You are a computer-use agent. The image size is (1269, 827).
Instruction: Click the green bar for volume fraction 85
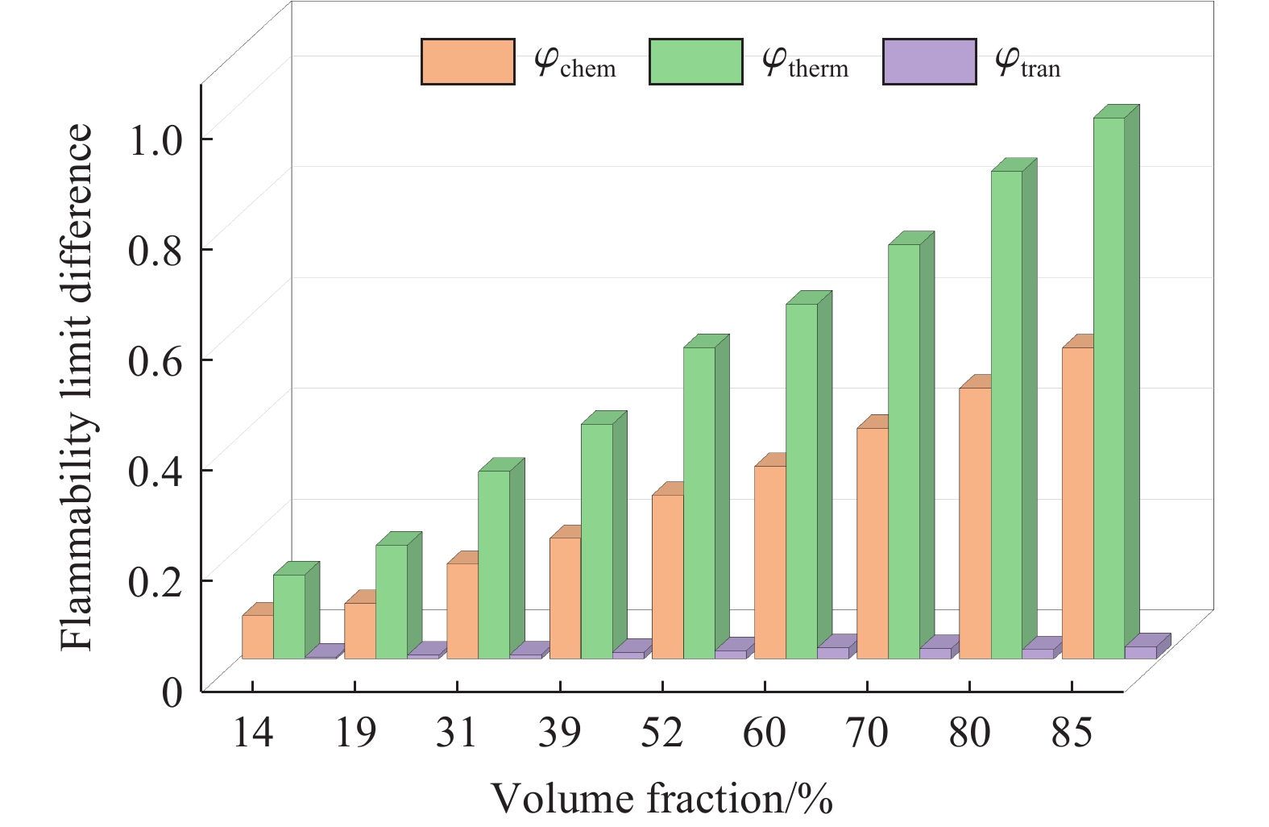(x=1109, y=387)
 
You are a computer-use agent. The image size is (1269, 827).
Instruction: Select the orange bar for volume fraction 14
(x=258, y=637)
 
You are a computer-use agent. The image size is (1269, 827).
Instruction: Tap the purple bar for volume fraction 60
(x=833, y=653)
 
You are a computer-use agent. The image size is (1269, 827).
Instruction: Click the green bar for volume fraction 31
(x=494, y=564)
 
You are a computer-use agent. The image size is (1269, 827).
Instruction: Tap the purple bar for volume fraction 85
(x=1140, y=652)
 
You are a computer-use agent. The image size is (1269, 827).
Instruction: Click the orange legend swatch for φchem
(x=467, y=61)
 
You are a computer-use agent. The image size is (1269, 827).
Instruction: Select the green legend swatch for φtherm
(x=695, y=61)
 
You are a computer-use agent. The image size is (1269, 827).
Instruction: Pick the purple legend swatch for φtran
(x=929, y=61)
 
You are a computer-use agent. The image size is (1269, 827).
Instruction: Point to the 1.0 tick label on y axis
(x=156, y=140)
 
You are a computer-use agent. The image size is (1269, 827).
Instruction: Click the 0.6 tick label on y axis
(x=156, y=360)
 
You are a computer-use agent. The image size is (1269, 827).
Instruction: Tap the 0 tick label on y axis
(x=172, y=692)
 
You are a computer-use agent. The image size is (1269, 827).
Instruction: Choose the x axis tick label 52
(x=662, y=733)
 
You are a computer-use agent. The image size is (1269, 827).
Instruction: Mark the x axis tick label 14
(x=253, y=733)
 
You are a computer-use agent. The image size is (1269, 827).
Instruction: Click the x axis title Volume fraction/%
(x=661, y=798)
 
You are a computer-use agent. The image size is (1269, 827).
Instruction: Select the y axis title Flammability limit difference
(x=77, y=387)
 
